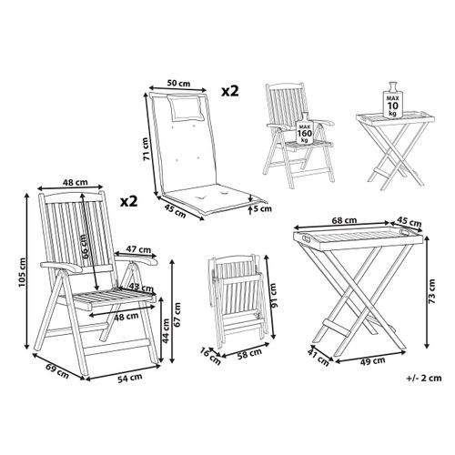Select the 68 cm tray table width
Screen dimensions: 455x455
(x=344, y=218)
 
